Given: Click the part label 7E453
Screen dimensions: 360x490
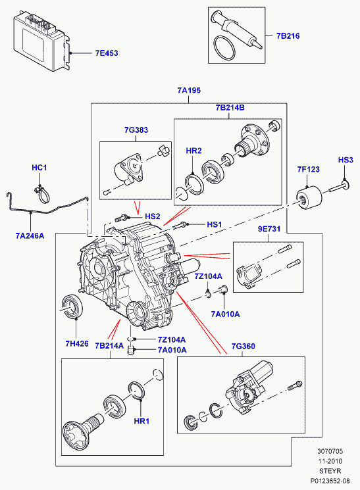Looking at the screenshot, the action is (107, 53).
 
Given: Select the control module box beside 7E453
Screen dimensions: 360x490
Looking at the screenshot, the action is (41, 41).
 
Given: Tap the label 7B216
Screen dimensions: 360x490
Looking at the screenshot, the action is (288, 36).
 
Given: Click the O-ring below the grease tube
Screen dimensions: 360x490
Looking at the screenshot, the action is (224, 48).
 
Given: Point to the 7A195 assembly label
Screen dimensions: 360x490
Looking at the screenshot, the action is (189, 90).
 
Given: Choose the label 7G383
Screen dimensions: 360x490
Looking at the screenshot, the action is (136, 130).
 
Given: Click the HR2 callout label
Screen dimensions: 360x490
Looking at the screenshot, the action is (193, 151).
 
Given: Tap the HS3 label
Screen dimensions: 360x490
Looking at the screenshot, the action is (346, 160).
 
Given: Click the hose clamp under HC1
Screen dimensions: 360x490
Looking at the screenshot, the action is (42, 195).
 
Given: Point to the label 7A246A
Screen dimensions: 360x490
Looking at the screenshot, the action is (30, 235).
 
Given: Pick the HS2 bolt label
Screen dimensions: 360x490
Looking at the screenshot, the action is (152, 216).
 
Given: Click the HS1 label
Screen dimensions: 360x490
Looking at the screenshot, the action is (215, 224).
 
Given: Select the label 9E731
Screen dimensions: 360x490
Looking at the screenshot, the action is (269, 229).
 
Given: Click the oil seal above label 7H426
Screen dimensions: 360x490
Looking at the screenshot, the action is (73, 306).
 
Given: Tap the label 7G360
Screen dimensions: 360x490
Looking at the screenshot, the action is (243, 346).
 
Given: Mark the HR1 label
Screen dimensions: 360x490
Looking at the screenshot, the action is (141, 421).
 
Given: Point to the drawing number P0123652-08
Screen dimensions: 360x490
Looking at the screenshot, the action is (330, 481).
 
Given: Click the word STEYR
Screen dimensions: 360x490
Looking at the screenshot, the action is (330, 471).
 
